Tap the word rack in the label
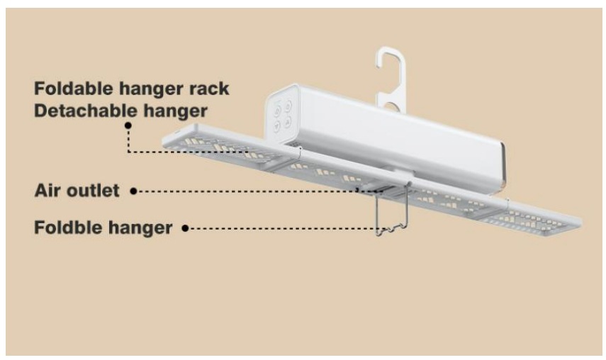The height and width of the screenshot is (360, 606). tap(211, 91)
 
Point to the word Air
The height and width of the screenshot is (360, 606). tap(47, 191)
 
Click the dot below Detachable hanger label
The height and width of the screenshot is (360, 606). tap(128, 125)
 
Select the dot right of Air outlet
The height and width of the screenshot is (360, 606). tap(133, 191)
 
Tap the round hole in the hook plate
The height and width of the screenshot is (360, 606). tap(389, 108)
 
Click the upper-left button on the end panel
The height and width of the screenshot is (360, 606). tap(278, 108)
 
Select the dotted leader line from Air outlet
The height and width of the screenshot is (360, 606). tap(248, 191)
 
